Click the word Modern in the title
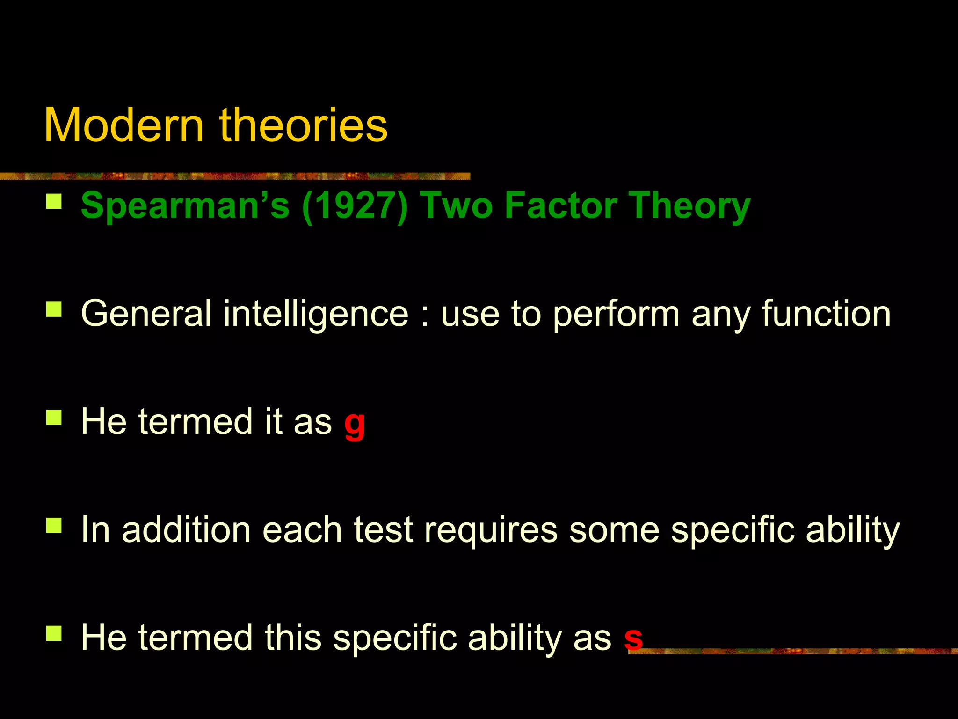(x=123, y=125)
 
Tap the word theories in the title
(x=304, y=125)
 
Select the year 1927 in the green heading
(x=355, y=205)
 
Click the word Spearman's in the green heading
(x=185, y=205)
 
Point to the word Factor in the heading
(x=561, y=205)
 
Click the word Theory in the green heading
(x=689, y=206)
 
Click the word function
(x=826, y=314)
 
